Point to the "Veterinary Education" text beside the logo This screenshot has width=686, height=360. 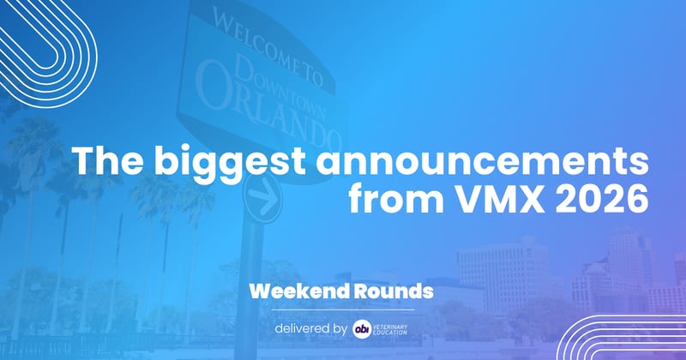395,328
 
